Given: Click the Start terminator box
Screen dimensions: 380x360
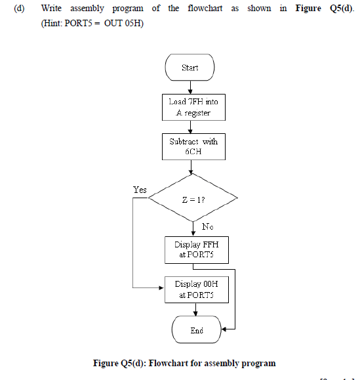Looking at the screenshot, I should [190, 68].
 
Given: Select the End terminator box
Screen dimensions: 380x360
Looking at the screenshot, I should [196, 330].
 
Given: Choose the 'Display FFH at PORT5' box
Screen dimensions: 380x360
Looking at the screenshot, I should [196, 249].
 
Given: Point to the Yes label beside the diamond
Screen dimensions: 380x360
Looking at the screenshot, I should [140, 190].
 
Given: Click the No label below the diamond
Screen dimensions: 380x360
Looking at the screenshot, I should [207, 226].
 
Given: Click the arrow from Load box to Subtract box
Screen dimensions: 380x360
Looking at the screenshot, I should [190, 127].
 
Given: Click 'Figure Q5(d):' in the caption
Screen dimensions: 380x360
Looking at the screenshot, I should [121, 363].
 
